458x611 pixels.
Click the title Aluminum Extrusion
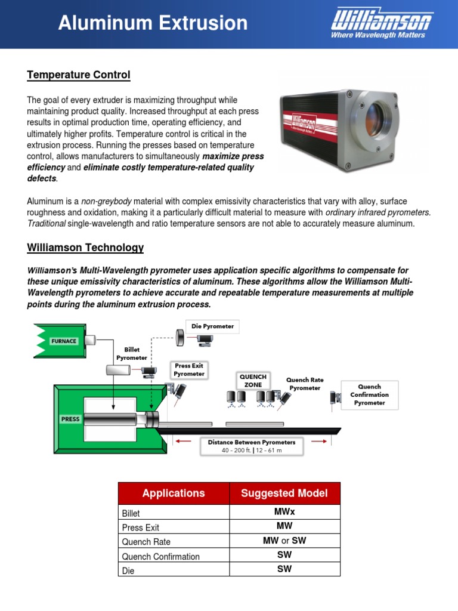(x=153, y=23)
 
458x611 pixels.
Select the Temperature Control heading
(x=78, y=75)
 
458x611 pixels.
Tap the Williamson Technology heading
(x=85, y=248)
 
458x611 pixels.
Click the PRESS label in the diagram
(x=70, y=419)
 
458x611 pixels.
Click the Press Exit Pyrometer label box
(x=189, y=370)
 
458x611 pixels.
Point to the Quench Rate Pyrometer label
(x=305, y=384)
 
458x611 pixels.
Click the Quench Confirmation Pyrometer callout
(x=369, y=394)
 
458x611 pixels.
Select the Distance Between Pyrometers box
(x=251, y=446)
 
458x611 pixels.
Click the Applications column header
(x=173, y=493)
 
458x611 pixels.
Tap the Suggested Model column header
(x=284, y=493)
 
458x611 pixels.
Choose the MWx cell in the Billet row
(x=284, y=512)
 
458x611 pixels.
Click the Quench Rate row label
(x=146, y=542)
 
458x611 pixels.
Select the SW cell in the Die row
(x=284, y=569)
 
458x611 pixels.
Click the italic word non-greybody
(x=93, y=202)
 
